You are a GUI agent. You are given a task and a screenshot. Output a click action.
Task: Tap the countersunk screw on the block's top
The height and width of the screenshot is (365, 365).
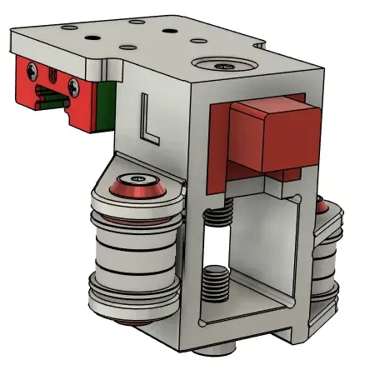(222, 64)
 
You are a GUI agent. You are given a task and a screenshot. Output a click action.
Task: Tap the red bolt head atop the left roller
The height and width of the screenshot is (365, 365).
(135, 179)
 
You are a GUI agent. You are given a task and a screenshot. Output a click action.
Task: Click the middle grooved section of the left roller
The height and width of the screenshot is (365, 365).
(133, 250)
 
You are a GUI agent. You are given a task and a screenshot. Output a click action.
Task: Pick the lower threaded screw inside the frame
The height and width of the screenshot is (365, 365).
(217, 283)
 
